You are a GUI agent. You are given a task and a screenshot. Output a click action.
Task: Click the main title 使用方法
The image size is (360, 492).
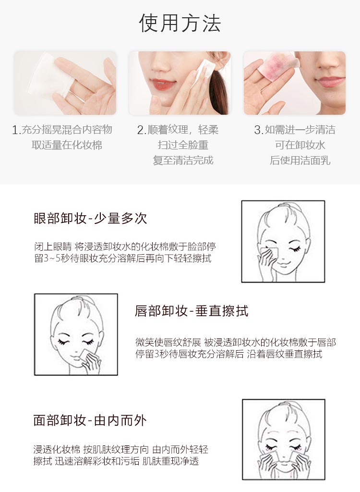pos(180,23)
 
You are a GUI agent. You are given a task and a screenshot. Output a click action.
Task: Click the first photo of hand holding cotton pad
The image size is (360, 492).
pos(65,83)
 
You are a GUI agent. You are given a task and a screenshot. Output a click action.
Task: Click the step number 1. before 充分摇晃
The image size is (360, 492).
pos(16,130)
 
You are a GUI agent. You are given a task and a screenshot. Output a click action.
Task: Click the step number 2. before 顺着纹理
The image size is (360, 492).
pos(141,130)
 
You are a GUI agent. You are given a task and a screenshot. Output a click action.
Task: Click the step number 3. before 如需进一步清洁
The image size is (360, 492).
pos(258,130)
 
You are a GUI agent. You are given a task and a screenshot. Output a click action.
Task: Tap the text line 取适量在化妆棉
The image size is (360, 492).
pos(67,145)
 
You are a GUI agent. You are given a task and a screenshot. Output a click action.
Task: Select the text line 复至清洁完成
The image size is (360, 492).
pos(183,160)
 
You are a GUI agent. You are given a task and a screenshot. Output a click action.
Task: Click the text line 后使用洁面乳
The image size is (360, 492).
pos(300,160)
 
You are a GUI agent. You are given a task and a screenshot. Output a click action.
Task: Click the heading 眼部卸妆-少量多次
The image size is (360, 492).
pos(90,219)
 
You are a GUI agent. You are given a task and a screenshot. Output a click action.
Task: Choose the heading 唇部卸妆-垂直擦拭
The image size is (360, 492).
pos(192,311)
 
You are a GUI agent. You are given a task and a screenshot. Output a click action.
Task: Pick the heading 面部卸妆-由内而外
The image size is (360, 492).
pos(90,420)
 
